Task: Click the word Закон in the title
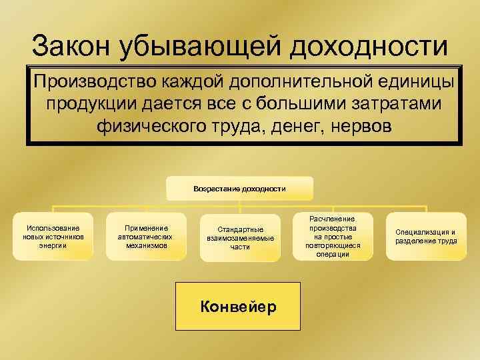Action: (71, 46)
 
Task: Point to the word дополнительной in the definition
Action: (291, 83)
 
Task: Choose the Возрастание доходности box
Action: (239, 189)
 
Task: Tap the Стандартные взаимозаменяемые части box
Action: (240, 238)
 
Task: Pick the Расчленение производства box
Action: (332, 237)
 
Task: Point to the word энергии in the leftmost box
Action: (53, 245)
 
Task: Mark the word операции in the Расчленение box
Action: (332, 254)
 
